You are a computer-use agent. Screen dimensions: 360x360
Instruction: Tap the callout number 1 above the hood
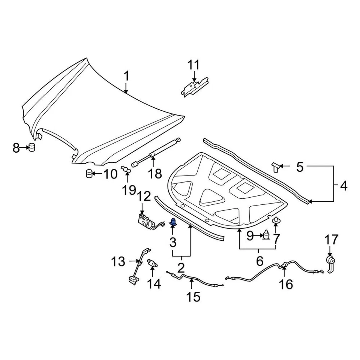(126, 76)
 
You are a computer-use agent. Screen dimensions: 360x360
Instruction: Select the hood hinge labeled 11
(194, 87)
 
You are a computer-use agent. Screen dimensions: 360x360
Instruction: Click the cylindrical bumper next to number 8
(32, 147)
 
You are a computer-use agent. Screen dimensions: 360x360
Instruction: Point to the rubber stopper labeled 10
(89, 174)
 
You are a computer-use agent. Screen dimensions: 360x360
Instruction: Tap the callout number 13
(118, 261)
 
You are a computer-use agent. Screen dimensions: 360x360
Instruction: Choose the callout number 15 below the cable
(193, 297)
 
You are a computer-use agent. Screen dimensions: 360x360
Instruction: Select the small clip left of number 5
(277, 166)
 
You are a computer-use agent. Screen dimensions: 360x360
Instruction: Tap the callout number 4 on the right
(343, 185)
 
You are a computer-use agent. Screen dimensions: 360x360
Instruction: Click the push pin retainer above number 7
(276, 221)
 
